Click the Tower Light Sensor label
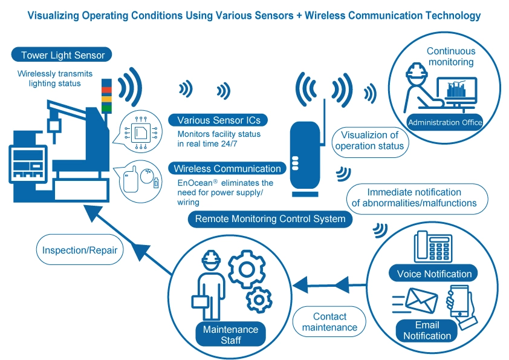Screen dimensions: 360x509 [x=63, y=55]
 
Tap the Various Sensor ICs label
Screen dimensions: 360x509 [x=219, y=120]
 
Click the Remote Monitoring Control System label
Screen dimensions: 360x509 [x=270, y=218]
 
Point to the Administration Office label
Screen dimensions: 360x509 [x=445, y=122]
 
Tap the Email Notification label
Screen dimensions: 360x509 [x=427, y=330]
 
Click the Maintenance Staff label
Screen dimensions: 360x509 [x=230, y=335]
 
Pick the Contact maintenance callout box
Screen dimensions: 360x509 [x=329, y=322]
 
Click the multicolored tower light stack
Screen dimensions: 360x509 [x=106, y=95]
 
